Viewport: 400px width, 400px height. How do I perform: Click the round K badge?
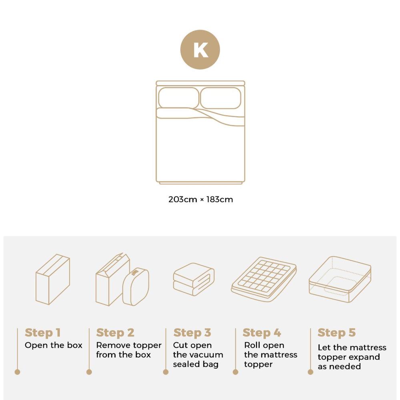(x=200, y=50)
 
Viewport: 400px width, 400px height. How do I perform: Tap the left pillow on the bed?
(x=178, y=98)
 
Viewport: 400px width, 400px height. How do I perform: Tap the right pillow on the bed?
(x=221, y=98)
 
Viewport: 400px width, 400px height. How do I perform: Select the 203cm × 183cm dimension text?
(x=200, y=199)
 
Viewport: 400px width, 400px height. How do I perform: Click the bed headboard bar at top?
(x=200, y=83)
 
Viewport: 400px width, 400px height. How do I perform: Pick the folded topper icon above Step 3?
(x=194, y=279)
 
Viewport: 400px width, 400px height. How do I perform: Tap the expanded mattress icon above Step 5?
(x=340, y=279)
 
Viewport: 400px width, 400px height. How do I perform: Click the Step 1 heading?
(x=42, y=333)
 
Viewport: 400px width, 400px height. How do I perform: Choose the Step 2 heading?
(x=115, y=333)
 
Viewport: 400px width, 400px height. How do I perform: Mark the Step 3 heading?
(x=192, y=333)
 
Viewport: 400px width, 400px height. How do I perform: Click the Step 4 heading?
(x=262, y=333)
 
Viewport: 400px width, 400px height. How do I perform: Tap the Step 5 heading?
(x=336, y=333)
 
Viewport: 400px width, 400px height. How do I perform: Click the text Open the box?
(x=54, y=345)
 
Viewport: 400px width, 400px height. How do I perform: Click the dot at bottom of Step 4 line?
(x=235, y=372)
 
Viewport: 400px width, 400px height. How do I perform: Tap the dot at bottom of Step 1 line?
(x=17, y=372)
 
